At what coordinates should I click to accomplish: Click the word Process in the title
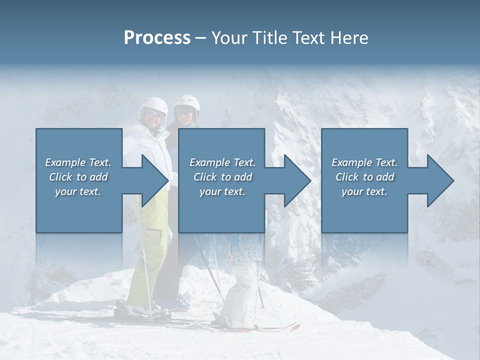point(157,38)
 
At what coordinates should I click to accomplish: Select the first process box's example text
point(78,177)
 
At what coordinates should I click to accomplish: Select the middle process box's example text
point(222,177)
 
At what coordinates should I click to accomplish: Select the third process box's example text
point(364,177)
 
